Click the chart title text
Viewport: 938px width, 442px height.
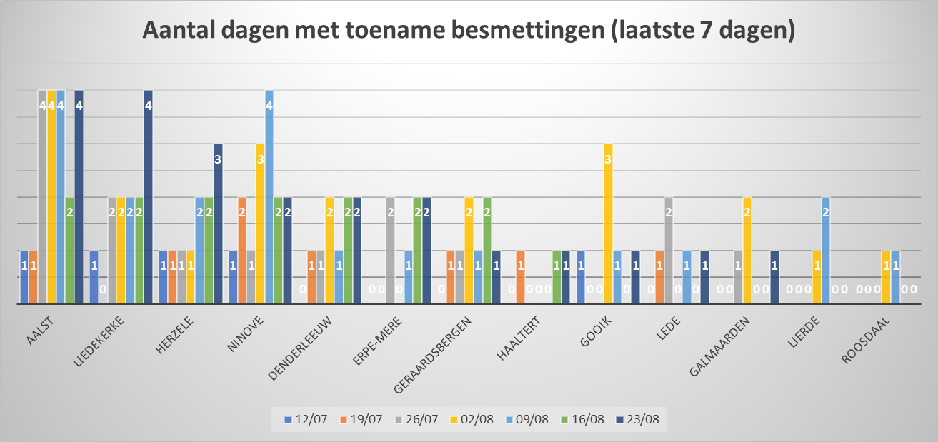[x=469, y=32]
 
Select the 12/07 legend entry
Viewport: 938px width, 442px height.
[x=305, y=419]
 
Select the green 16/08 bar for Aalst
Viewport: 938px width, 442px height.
[x=69, y=250]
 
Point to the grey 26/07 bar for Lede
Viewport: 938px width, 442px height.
[x=668, y=250]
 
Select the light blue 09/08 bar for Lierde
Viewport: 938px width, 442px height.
[x=826, y=250]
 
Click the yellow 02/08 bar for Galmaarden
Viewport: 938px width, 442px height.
[x=747, y=250]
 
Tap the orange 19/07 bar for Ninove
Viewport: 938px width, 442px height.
[x=243, y=250]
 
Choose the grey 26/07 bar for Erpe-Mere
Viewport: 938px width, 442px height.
[x=390, y=250]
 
